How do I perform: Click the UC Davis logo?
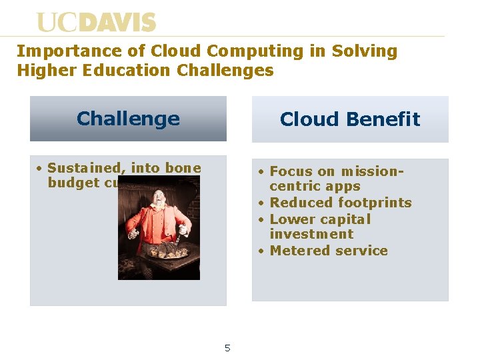96,23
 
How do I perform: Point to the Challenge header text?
128,119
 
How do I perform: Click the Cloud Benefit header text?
350,119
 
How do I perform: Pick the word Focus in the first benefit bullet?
291,171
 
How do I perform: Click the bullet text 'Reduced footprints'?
340,203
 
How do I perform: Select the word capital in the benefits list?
346,219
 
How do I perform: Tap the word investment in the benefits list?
311,234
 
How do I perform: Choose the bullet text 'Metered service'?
329,251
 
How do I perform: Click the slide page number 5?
227,347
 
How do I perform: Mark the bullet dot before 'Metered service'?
262,251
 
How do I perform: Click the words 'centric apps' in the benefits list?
315,187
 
